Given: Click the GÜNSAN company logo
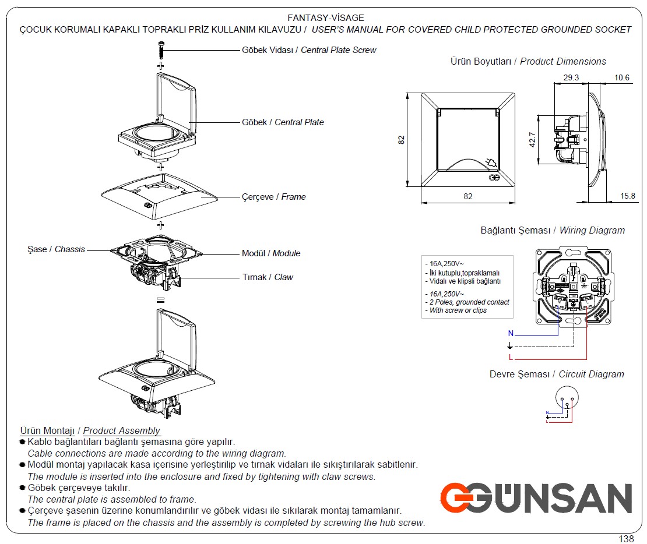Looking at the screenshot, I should pyautogui.click(x=536, y=499).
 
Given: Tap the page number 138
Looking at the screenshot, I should pyautogui.click(x=626, y=539).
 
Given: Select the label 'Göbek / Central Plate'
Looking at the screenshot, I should pyautogui.click(x=283, y=122).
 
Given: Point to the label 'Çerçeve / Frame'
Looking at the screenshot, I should pyautogui.click(x=273, y=197).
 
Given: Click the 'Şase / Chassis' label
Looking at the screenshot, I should pyautogui.click(x=56, y=249).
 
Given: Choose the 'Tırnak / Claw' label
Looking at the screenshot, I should pyautogui.click(x=268, y=277).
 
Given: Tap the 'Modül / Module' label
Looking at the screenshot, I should pyautogui.click(x=271, y=253).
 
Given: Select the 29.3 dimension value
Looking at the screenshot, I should pyautogui.click(x=571, y=77).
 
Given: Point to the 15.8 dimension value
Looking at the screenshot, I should pyautogui.click(x=628, y=196).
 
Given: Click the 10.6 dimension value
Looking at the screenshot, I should pyautogui.click(x=621, y=77).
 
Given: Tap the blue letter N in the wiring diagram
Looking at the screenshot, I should pyautogui.click(x=511, y=334).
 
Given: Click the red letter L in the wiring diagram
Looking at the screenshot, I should pyautogui.click(x=511, y=356).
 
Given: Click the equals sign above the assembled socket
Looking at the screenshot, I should pyautogui.click(x=160, y=300).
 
